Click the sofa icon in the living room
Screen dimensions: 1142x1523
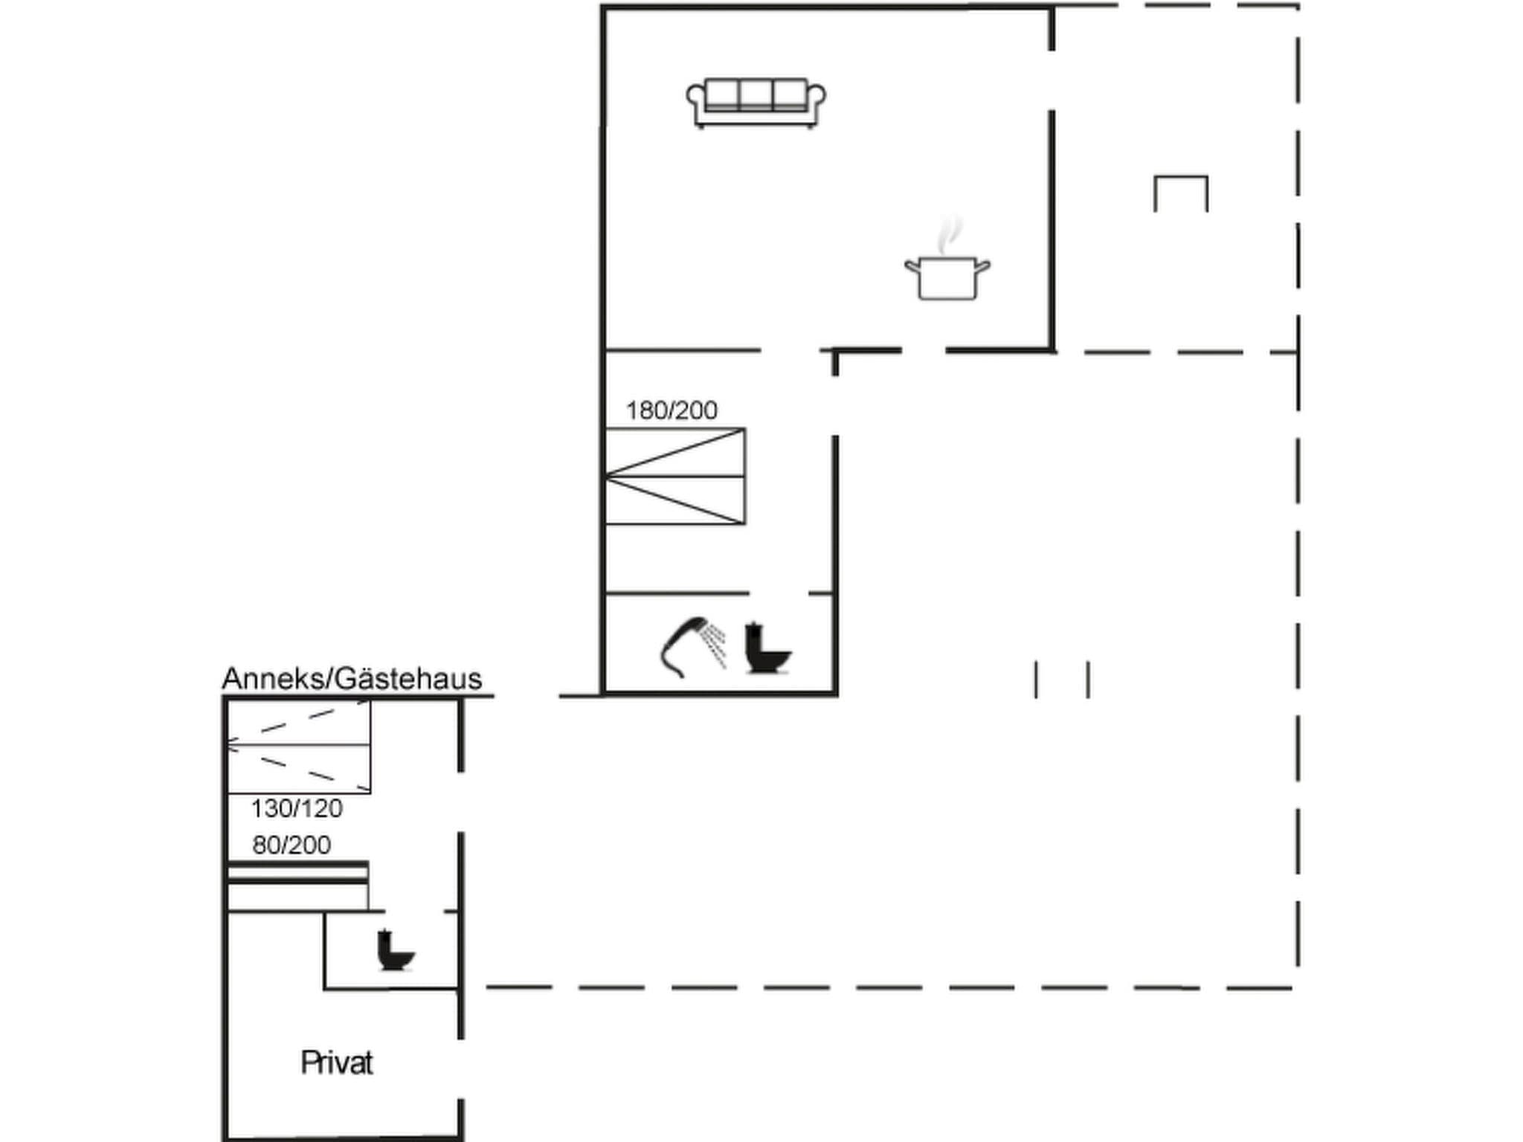click(x=756, y=103)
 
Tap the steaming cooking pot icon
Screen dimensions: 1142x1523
click(x=947, y=277)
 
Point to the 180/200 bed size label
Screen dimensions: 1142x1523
click(x=672, y=410)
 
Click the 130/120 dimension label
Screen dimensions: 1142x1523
click(x=296, y=808)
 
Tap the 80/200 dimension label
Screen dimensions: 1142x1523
click(x=292, y=845)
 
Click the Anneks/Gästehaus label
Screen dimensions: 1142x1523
click(x=352, y=679)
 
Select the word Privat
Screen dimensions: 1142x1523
click(x=336, y=1063)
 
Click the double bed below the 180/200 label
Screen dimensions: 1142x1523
click(x=674, y=477)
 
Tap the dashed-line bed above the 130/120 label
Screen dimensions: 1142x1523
click(x=298, y=746)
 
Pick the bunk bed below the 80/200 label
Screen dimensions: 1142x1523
click(x=297, y=885)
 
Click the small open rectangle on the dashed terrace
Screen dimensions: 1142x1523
click(x=1180, y=193)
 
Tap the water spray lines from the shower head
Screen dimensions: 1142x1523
click(x=715, y=644)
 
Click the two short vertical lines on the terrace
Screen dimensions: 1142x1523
click(x=1062, y=680)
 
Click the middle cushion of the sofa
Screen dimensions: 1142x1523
click(x=756, y=94)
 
